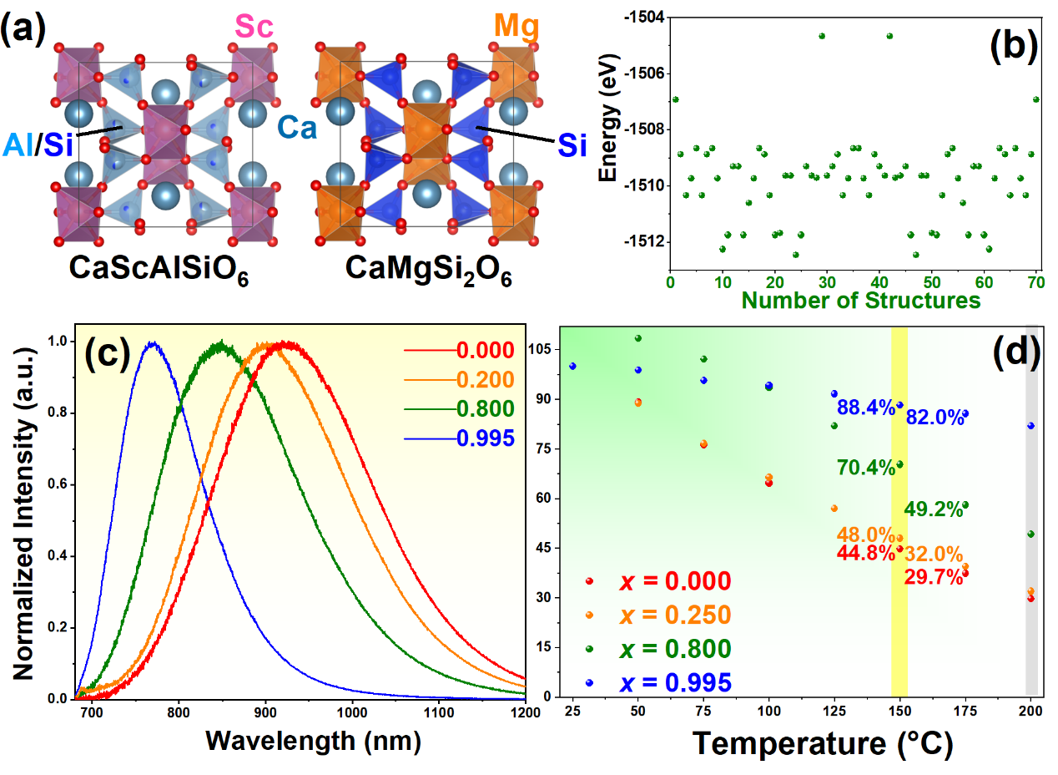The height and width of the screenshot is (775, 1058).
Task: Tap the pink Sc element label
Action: pos(254,28)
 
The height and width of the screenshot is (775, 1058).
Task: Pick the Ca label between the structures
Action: pos(296,127)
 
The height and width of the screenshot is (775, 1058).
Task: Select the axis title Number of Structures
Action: pos(860,300)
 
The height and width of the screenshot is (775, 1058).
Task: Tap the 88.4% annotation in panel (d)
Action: pos(866,408)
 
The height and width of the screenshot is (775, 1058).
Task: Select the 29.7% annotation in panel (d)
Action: pos(934,576)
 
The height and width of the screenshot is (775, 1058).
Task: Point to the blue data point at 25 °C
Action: pos(572,366)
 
